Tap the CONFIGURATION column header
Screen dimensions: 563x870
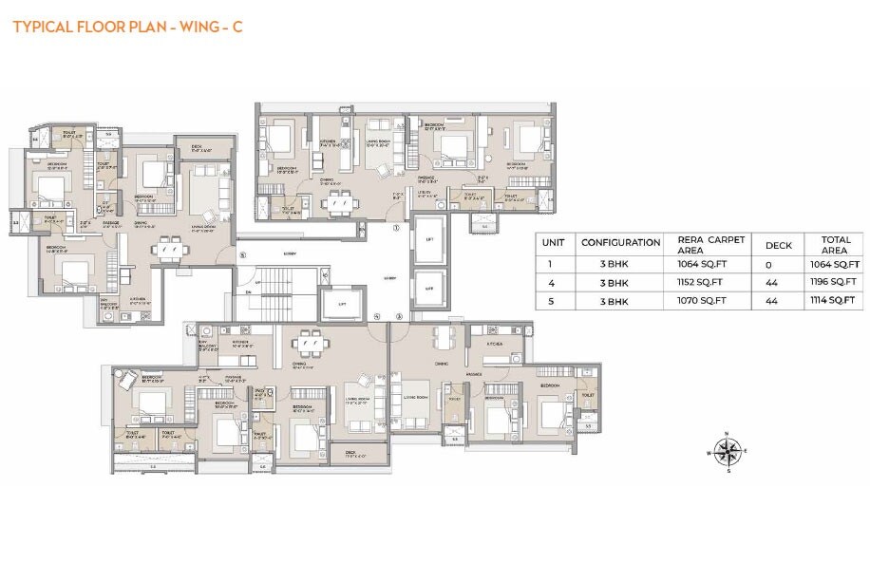click(620, 243)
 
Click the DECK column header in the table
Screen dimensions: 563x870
click(779, 244)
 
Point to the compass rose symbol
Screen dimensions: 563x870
click(727, 451)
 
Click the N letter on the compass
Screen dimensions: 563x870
click(727, 434)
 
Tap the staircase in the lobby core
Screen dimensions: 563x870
click(277, 290)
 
